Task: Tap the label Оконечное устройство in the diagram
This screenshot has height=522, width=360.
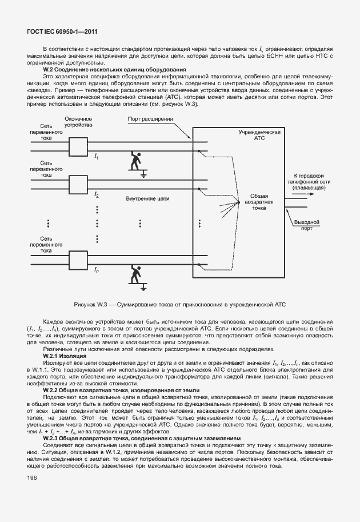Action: (x=78, y=122)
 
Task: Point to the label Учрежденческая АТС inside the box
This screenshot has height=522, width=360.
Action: (x=259, y=135)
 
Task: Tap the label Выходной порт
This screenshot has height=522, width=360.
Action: (x=306, y=225)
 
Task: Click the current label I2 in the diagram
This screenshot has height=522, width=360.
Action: (x=97, y=195)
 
